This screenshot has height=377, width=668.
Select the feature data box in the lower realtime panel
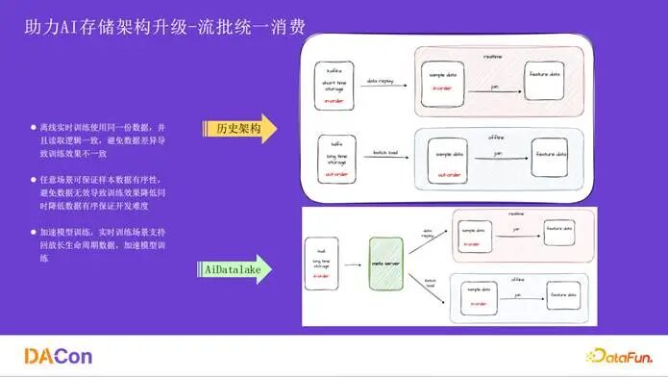click(559, 233)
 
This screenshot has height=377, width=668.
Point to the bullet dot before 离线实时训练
click(34, 128)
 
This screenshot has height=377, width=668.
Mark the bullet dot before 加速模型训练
click(34, 232)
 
